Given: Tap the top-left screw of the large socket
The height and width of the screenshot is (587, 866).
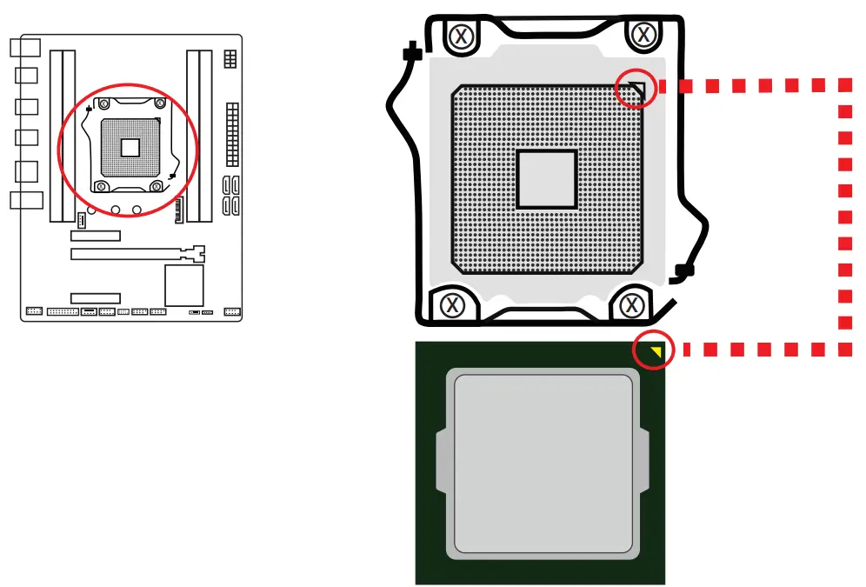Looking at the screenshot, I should pyautogui.click(x=462, y=36).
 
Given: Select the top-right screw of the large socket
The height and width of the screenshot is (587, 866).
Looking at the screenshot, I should pyautogui.click(x=643, y=35).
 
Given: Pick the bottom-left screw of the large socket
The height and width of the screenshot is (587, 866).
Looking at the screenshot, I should pyautogui.click(x=451, y=304).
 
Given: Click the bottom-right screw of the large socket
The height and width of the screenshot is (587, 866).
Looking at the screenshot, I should pyautogui.click(x=632, y=304).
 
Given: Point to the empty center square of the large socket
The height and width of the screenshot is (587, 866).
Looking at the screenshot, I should pyautogui.click(x=546, y=179).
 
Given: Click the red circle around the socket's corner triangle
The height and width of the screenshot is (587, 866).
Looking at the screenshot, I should pyautogui.click(x=635, y=88).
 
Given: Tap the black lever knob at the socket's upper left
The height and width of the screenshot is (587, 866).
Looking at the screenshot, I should pyautogui.click(x=413, y=54).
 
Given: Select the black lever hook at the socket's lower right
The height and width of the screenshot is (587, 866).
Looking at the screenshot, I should pyautogui.click(x=683, y=273).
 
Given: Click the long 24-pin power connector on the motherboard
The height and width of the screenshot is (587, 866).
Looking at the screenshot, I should pyautogui.click(x=231, y=134).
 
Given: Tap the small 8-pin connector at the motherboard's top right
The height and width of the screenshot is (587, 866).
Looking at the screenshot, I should pyautogui.click(x=230, y=58).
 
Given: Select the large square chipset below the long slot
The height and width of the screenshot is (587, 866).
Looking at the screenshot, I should pyautogui.click(x=183, y=285).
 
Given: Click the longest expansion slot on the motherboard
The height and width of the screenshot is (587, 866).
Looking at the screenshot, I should pyautogui.click(x=137, y=255).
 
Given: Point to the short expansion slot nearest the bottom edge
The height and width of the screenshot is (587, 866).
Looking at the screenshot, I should pyautogui.click(x=96, y=298).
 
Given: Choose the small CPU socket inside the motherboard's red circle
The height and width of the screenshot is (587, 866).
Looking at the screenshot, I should pyautogui.click(x=130, y=146).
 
